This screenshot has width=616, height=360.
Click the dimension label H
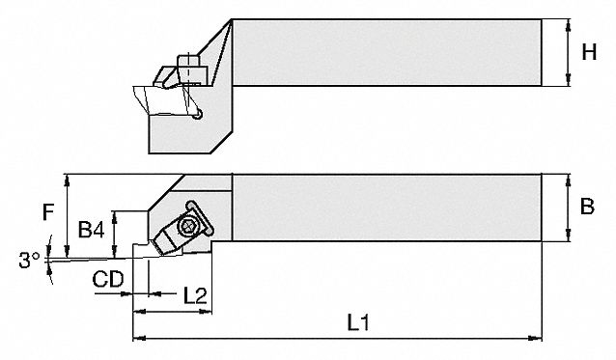[589, 52]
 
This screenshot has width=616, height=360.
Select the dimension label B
[587, 207]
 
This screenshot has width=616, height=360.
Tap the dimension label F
[48, 212]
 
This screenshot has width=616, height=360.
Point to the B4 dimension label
[91, 230]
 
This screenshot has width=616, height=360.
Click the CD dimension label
[108, 279]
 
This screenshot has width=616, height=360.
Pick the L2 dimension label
[195, 295]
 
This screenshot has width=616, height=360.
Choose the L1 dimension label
[358, 322]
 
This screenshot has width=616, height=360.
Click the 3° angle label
[29, 260]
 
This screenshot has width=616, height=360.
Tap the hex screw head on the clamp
[187, 227]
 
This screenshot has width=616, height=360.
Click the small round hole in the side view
[198, 114]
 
